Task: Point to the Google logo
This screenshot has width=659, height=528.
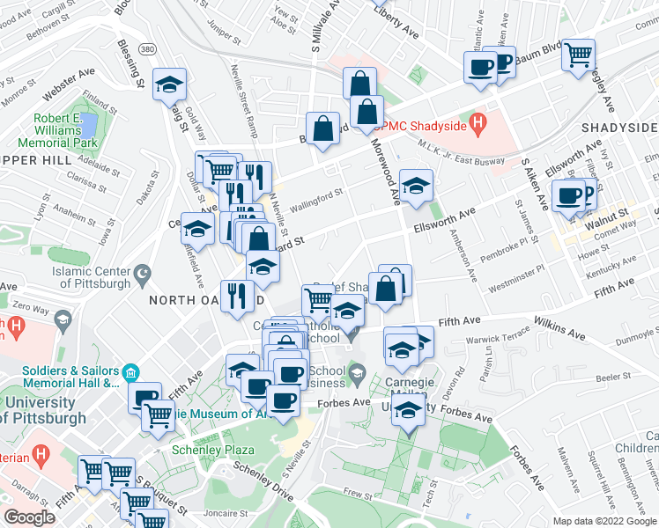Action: coord(29,517)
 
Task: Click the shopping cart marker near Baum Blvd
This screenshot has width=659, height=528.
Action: coord(578,55)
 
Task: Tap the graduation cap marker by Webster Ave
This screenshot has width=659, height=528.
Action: coord(167,85)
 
